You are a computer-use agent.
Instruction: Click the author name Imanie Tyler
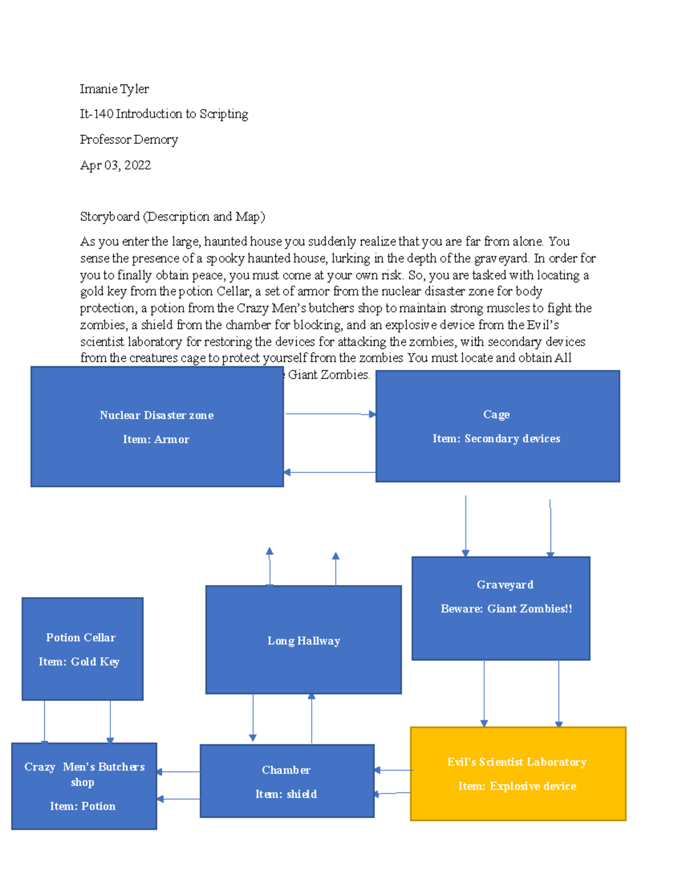click(x=114, y=89)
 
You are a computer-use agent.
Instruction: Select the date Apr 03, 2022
click(x=115, y=165)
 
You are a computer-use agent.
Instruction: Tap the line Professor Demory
click(x=129, y=139)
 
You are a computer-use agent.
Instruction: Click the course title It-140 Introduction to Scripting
click(x=164, y=114)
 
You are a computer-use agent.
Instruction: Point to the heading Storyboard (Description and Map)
click(x=172, y=217)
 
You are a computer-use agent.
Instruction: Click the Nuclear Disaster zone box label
click(x=157, y=415)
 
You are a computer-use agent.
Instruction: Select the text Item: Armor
click(x=156, y=439)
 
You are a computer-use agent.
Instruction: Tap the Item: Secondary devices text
click(x=496, y=438)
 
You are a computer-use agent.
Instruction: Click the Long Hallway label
click(x=303, y=641)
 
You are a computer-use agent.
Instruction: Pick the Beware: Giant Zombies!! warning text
click(x=506, y=608)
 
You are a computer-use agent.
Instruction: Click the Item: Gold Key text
click(x=79, y=661)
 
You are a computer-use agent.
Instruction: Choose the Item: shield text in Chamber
click(x=286, y=794)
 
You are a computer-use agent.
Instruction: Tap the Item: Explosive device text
click(x=517, y=786)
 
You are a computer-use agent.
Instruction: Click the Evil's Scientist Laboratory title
click(x=517, y=762)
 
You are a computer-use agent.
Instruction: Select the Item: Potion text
click(x=82, y=806)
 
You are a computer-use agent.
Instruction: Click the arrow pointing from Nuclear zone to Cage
click(x=330, y=414)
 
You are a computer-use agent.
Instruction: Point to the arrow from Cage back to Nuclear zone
click(x=330, y=472)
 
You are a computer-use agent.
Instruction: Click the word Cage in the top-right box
click(x=496, y=414)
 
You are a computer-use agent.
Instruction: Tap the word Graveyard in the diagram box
click(x=505, y=584)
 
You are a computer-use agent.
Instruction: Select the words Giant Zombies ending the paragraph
click(x=328, y=375)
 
